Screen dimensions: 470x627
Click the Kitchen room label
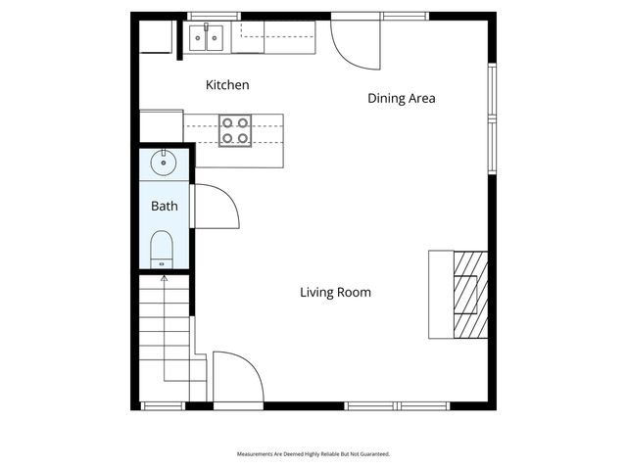point(226,85)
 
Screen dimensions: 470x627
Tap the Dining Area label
point(401,98)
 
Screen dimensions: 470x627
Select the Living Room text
point(335,292)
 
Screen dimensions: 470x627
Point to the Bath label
point(164,207)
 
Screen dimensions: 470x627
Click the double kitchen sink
point(206,38)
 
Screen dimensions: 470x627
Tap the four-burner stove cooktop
point(234,130)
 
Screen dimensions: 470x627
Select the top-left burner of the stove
point(227,123)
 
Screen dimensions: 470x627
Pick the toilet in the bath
point(163,250)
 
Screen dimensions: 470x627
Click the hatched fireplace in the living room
point(469,294)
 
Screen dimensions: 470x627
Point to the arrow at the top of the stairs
point(164,279)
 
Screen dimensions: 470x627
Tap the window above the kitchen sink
point(214,16)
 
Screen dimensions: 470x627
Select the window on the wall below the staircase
point(163,405)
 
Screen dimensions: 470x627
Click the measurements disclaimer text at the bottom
point(313,454)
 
